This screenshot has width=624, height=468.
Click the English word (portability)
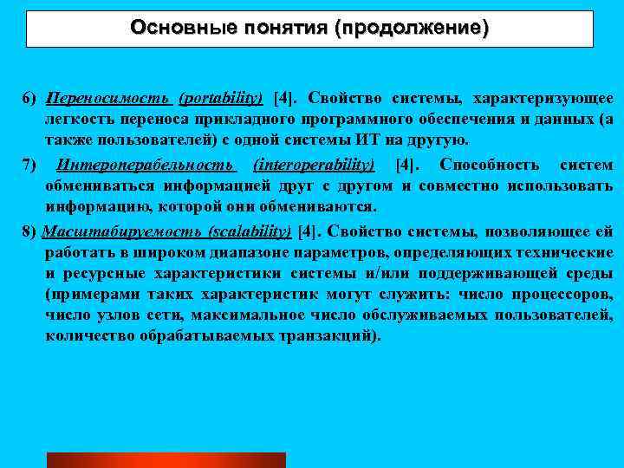point(221,96)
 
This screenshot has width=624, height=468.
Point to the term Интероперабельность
point(144,165)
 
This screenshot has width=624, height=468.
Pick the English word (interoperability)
point(313,165)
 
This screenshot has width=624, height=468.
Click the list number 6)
point(31,96)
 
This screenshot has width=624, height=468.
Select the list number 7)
point(31,165)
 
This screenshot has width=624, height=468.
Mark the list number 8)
point(31,232)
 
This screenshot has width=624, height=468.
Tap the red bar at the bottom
point(166,459)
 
